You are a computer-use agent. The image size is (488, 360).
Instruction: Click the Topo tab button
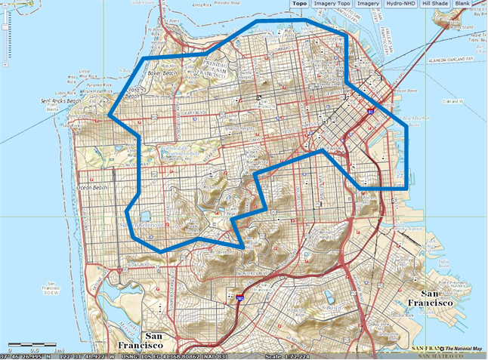299,4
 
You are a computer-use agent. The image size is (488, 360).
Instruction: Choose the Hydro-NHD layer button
401,4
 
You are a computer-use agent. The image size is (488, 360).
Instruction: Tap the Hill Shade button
436,4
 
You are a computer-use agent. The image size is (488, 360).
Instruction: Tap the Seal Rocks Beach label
60,100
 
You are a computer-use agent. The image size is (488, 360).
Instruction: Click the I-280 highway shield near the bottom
239,299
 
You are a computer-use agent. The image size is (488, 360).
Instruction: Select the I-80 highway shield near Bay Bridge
370,110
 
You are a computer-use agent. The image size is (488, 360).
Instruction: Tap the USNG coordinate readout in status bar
171,355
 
